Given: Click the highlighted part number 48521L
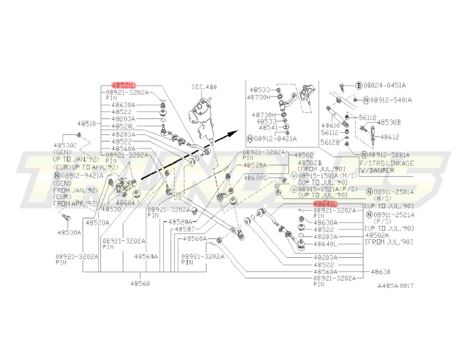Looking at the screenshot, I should [124, 85].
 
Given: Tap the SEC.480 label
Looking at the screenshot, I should [204, 87].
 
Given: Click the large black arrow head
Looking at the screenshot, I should [233, 133].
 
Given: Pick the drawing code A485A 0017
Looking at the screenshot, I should [395, 286].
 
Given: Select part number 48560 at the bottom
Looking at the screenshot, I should [140, 283].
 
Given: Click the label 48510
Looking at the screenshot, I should [86, 123].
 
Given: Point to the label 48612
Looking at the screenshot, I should [389, 136].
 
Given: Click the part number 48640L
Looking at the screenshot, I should [326, 244].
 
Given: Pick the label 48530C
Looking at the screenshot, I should [66, 144].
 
